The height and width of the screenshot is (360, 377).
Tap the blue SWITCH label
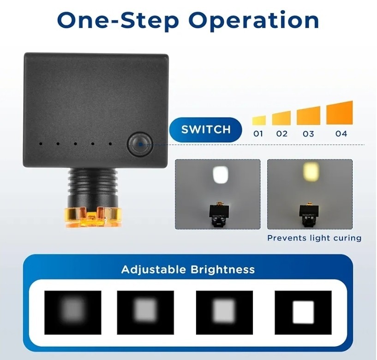point(206,130)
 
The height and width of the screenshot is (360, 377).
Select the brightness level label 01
point(258,134)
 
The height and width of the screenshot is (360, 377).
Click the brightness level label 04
point(341,134)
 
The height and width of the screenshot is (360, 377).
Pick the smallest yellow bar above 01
point(259,121)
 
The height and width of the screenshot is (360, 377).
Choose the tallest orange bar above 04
point(340,113)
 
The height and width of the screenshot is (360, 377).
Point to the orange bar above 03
point(309,116)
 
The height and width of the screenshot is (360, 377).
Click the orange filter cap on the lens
point(93,218)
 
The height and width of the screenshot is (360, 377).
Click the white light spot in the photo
point(221,175)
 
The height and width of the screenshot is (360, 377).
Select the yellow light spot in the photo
point(311,171)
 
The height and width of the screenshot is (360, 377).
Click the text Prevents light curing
point(314,238)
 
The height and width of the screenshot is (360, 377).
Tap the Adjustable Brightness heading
point(188,270)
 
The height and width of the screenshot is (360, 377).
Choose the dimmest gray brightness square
point(73,313)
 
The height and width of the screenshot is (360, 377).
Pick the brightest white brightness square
point(303,313)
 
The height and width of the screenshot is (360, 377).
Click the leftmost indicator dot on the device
point(41,144)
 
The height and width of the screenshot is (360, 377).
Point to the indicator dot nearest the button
point(110,144)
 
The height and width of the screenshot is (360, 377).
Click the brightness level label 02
point(282,134)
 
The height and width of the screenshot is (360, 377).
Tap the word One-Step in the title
point(118,21)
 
